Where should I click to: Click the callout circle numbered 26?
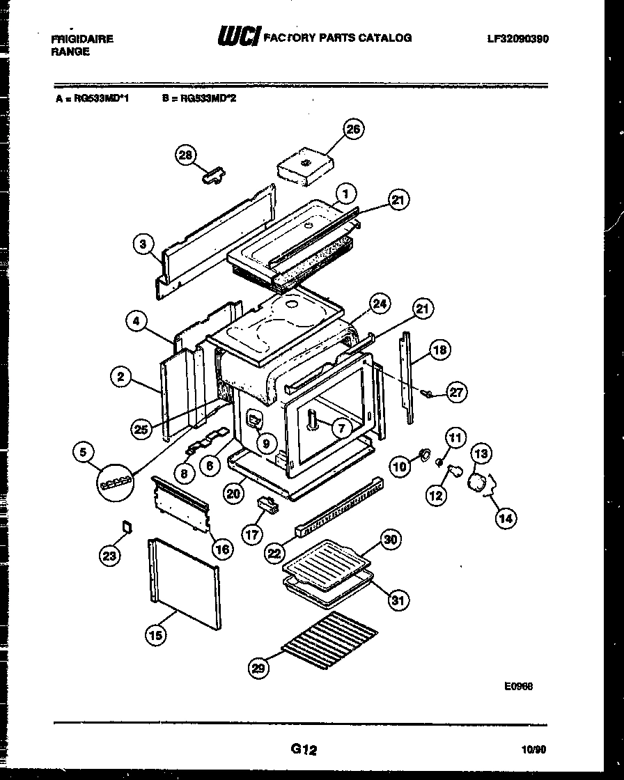[x=354, y=130]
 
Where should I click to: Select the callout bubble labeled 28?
[x=186, y=156]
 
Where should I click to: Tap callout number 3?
[x=143, y=244]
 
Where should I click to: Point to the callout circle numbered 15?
[x=156, y=634]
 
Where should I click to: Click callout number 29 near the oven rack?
[x=258, y=669]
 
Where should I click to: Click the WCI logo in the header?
[x=239, y=37]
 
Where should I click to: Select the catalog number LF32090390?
[x=517, y=39]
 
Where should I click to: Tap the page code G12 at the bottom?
[x=304, y=749]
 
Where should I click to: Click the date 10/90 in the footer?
[x=533, y=750]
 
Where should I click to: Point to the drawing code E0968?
[x=519, y=685]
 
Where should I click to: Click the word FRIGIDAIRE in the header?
[x=82, y=39]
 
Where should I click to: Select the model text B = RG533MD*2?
[x=199, y=99]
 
